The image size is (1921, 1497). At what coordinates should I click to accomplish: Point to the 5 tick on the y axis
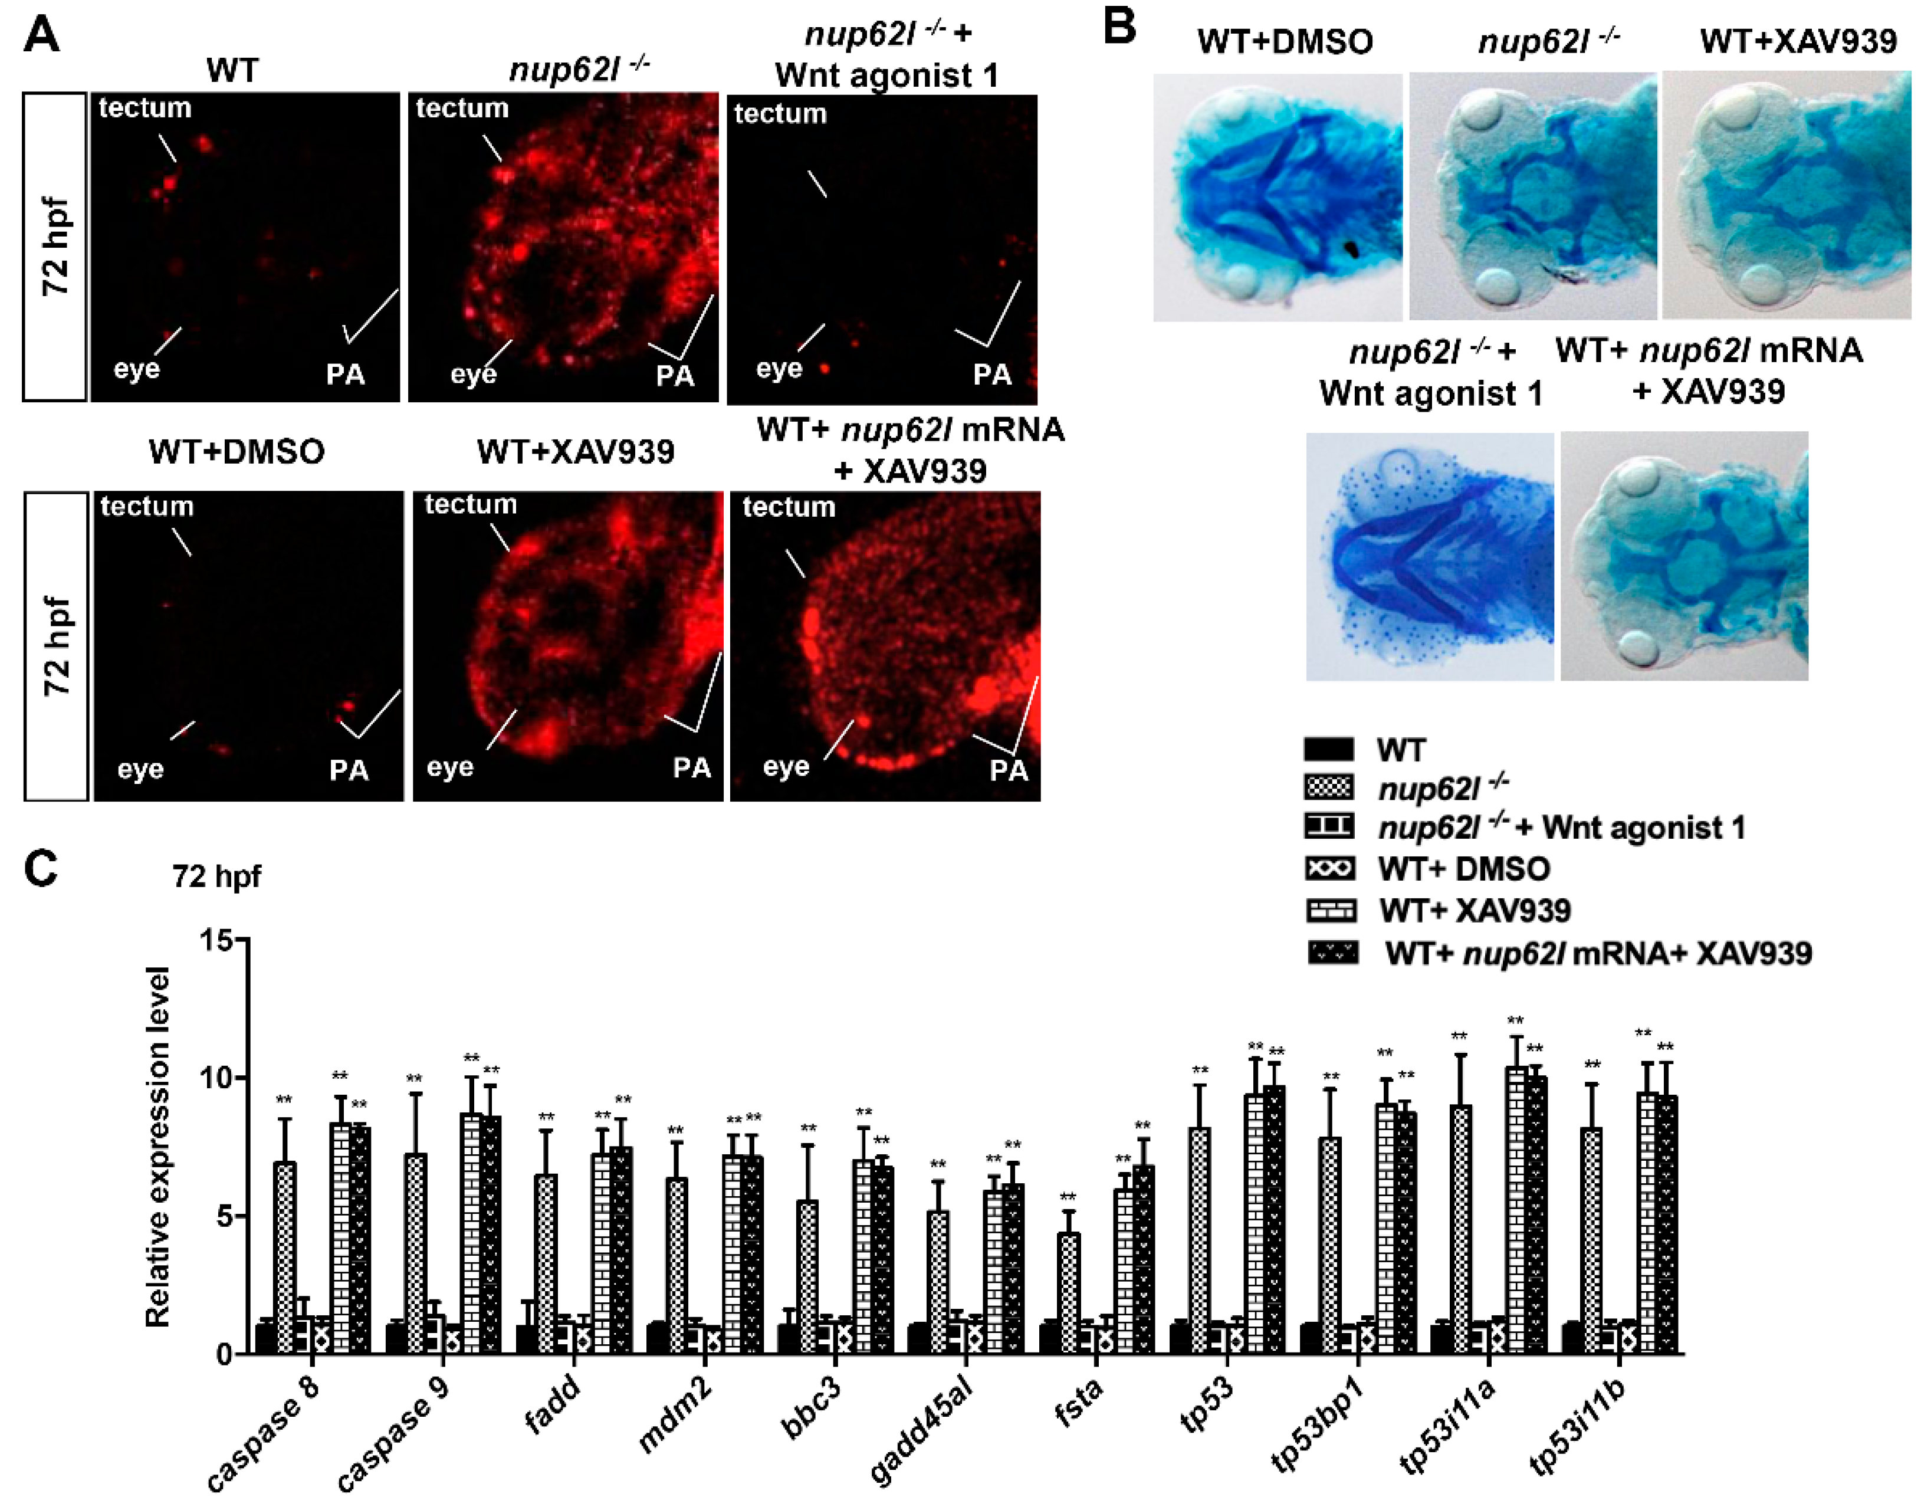coord(224,1216)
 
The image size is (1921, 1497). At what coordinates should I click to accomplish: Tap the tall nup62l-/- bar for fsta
coord(1069,1293)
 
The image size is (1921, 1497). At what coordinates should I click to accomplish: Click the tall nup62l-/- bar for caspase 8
coord(285,1258)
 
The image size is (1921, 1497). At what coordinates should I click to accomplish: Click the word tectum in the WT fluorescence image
coord(145,108)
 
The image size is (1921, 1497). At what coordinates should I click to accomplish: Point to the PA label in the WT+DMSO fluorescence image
coord(349,770)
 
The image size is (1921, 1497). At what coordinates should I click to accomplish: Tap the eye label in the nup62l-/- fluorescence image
coord(473,375)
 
